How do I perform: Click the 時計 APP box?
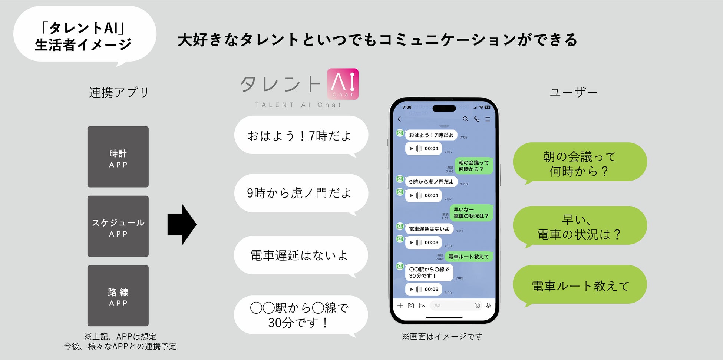coord(118,157)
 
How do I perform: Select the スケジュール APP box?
coord(118,226)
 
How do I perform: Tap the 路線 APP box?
coord(118,295)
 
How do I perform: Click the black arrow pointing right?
coord(182,224)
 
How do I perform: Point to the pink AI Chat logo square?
coord(343,84)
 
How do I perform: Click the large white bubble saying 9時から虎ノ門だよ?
coord(301,193)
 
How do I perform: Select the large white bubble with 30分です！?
coord(301,315)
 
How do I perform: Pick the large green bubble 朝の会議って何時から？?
coord(580,162)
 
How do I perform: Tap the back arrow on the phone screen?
coord(399,119)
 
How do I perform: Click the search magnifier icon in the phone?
coord(465,119)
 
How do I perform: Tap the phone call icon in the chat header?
coord(477,119)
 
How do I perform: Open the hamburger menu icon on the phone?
coord(488,119)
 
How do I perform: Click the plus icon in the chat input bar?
coord(400,305)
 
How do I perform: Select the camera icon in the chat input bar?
coord(411,305)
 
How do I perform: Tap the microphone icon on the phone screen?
coord(488,305)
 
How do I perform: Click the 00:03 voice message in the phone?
coord(423,242)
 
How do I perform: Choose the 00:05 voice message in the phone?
coord(423,289)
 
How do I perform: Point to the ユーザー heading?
coord(573,92)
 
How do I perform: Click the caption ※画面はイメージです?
coord(442,336)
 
